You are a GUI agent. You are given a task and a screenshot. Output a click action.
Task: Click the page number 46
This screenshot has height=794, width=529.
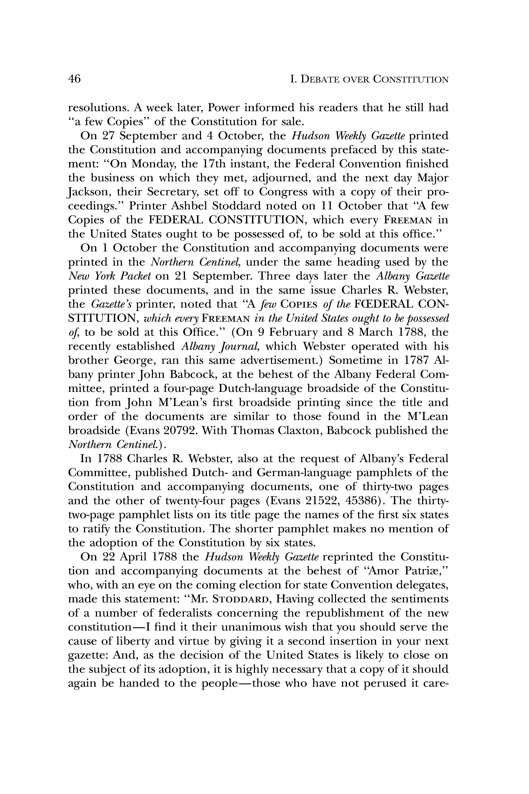click(75, 79)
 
